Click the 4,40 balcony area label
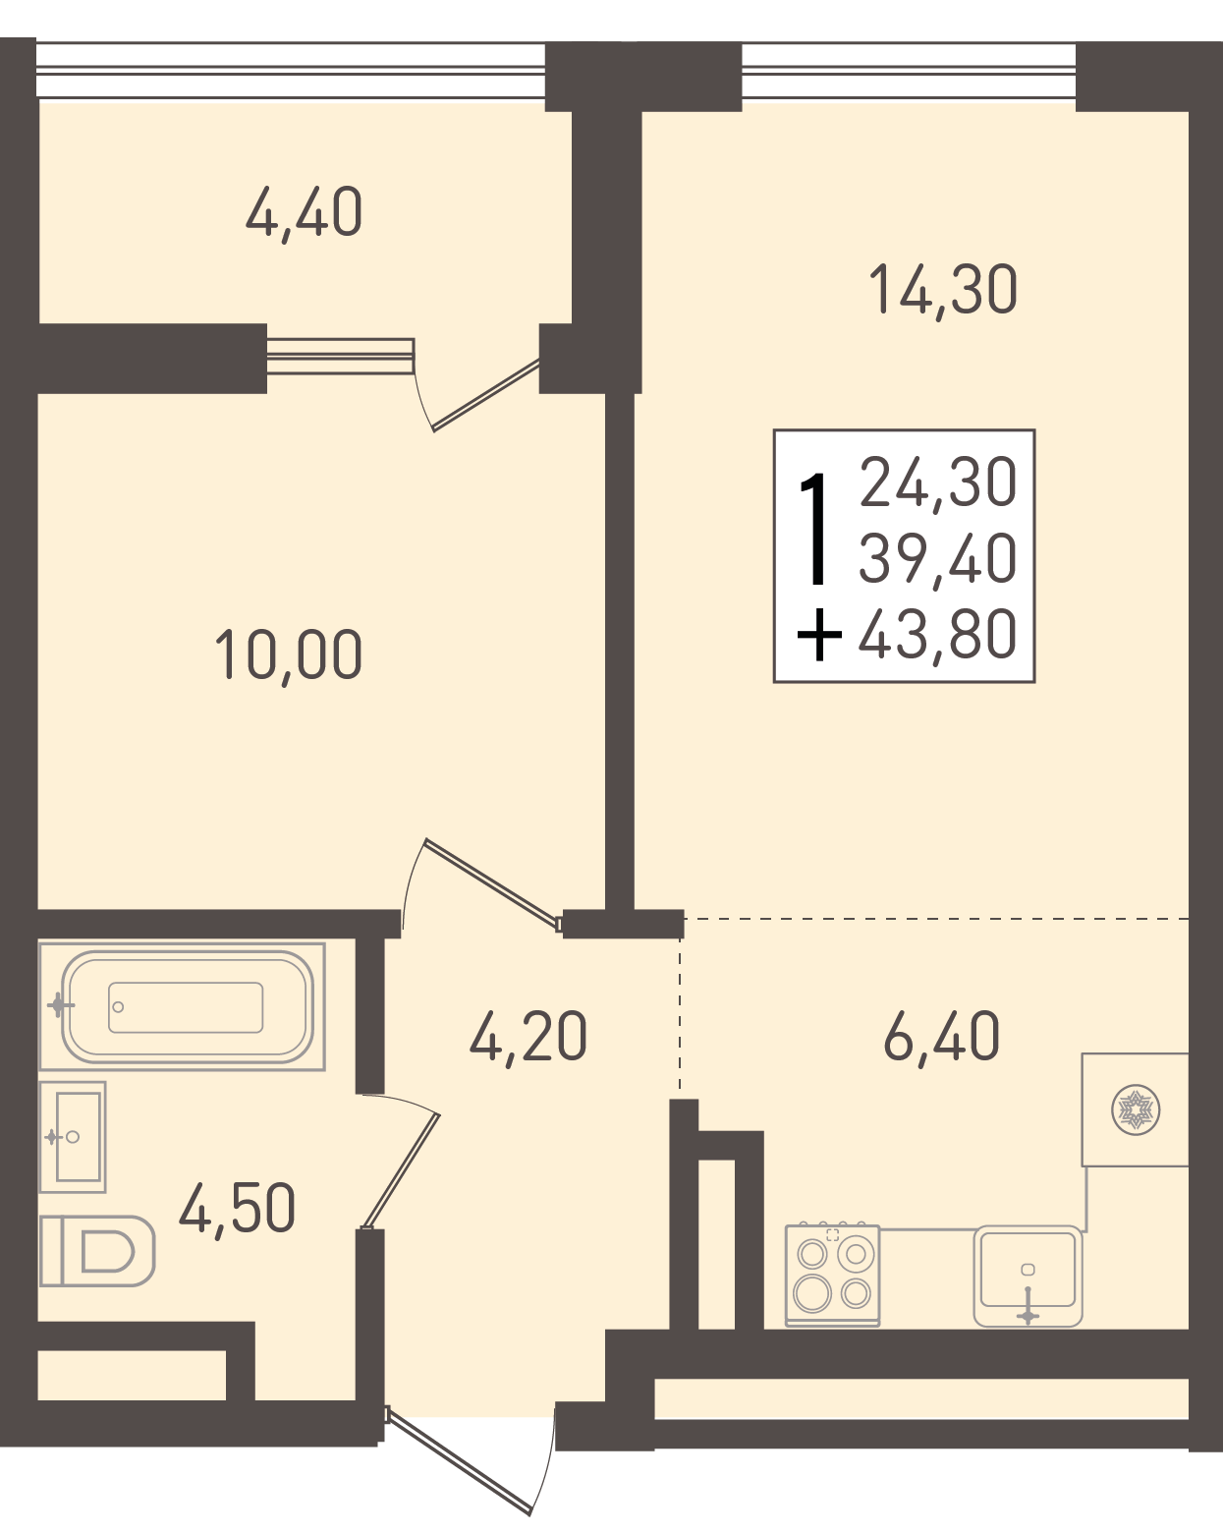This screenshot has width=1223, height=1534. coord(305,213)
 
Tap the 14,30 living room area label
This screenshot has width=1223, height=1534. coord(943,290)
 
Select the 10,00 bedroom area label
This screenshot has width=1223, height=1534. coord(289,655)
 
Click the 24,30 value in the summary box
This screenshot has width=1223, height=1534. coord(938,483)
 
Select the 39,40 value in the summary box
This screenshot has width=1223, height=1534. coord(938,558)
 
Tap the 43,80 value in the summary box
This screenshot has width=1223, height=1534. coord(938,634)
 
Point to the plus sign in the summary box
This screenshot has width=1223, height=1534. coord(819,634)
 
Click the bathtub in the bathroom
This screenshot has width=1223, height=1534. coord(183,1006)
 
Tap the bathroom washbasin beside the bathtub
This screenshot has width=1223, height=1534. coord(73,1137)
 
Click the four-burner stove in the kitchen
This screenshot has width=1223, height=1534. coord(832,1276)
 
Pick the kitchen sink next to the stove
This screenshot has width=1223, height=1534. coord(1028,1276)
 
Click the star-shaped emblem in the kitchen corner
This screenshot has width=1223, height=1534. coord(1136,1109)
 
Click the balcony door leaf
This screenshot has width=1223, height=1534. coord(486,395)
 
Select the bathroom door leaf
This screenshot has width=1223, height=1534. coord(401,1170)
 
